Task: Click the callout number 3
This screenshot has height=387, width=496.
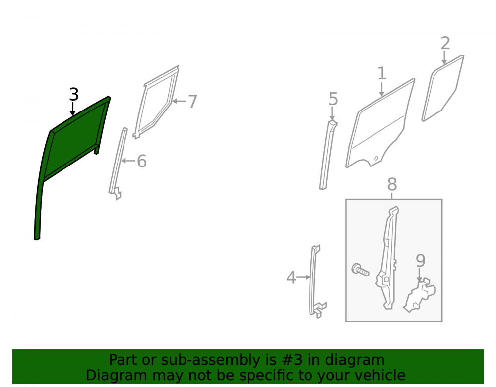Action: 74,95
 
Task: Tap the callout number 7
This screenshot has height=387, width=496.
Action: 192,102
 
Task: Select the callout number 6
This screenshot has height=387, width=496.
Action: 142,161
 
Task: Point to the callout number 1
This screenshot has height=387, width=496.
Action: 382,73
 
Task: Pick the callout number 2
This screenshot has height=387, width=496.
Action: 445,43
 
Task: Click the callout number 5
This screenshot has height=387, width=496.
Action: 333,99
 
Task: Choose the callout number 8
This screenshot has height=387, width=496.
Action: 392,184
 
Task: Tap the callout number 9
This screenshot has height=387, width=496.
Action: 421,261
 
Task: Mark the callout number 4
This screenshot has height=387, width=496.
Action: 291,277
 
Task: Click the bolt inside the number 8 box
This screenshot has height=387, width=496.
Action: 360,270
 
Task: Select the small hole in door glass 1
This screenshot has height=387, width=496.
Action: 376,158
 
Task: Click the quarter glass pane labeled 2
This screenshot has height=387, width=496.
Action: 443,89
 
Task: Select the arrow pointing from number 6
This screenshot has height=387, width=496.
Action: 128,161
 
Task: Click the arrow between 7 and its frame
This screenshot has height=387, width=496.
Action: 180,102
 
